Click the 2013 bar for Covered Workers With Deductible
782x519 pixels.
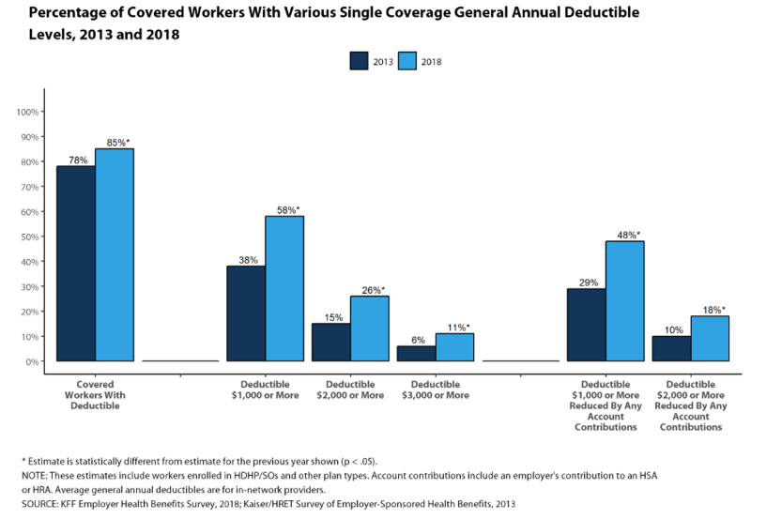pos(76,263)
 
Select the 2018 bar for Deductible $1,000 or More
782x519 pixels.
pos(284,288)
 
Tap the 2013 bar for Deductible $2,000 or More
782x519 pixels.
pos(330,342)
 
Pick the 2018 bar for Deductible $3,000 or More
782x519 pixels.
pos(454,346)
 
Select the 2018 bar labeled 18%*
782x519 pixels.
pos(710,338)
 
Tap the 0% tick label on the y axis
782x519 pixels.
pos(30,361)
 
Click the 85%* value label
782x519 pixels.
pos(117,143)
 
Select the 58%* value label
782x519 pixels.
pos(287,210)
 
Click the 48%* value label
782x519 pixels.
pos(627,235)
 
